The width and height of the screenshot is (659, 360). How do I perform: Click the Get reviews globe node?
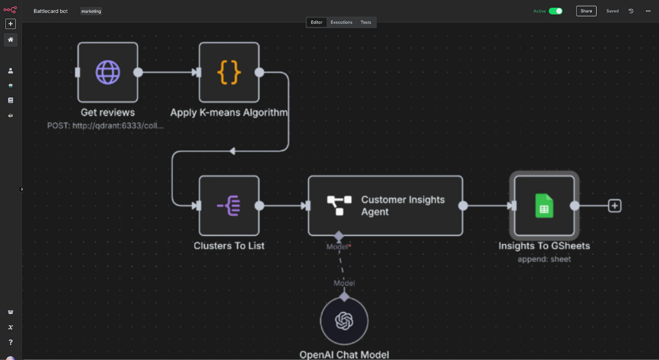click(108, 72)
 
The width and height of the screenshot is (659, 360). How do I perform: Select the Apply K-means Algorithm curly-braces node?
click(229, 72)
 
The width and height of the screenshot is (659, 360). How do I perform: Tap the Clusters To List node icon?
click(229, 205)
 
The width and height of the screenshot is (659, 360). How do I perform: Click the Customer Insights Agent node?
click(385, 205)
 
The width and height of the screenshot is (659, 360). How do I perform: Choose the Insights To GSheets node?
click(544, 205)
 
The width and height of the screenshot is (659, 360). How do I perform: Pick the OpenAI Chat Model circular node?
click(344, 321)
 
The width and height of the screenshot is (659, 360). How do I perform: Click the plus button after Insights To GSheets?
click(615, 205)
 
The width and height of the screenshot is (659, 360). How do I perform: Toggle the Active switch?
click(555, 11)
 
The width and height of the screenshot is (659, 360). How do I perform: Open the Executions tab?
click(341, 22)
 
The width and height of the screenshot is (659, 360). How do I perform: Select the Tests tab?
click(366, 22)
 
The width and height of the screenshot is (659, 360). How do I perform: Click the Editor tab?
click(317, 22)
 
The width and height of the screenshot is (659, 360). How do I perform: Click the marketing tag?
click(91, 11)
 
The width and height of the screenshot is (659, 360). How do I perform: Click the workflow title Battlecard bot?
click(51, 11)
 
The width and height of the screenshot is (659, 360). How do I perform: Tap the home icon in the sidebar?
click(11, 39)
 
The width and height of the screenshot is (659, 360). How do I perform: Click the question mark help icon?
click(11, 342)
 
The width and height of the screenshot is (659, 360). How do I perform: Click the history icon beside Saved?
click(631, 11)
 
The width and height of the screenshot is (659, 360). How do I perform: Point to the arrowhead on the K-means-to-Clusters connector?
click(232, 151)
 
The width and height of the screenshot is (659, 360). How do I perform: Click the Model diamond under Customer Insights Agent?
click(338, 236)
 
